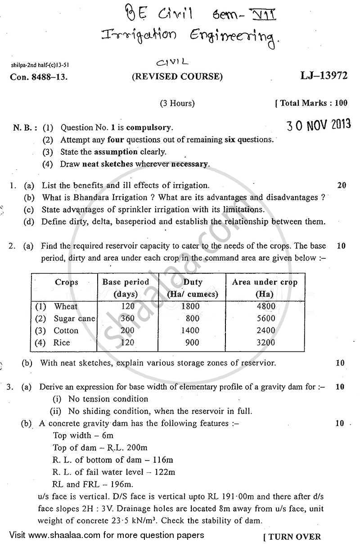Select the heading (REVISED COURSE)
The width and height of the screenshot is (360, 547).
tap(177, 77)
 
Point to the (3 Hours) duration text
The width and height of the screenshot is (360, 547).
tap(177, 103)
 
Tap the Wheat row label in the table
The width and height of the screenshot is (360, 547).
tap(66, 306)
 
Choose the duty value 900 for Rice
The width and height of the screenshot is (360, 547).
tap(193, 343)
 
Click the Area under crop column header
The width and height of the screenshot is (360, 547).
tap(265, 288)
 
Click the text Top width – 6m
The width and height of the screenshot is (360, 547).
tap(83, 435)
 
